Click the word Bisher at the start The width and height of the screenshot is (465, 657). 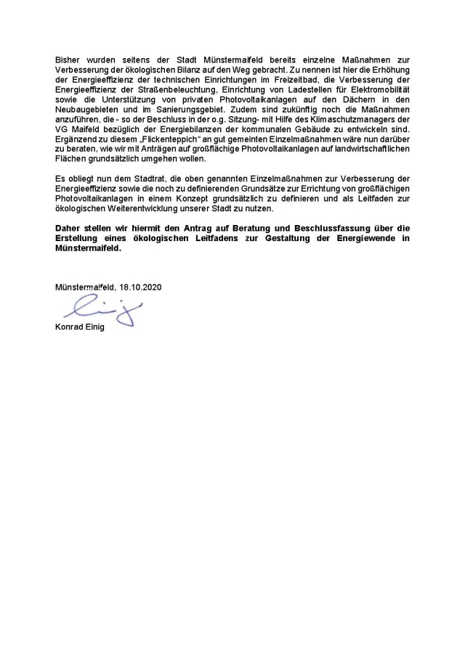click(x=68, y=57)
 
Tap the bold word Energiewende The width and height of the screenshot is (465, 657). click(x=354, y=238)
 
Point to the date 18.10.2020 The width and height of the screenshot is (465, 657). click(x=141, y=287)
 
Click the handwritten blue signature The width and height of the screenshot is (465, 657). click(x=102, y=311)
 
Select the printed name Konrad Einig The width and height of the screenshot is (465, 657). click(x=80, y=327)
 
